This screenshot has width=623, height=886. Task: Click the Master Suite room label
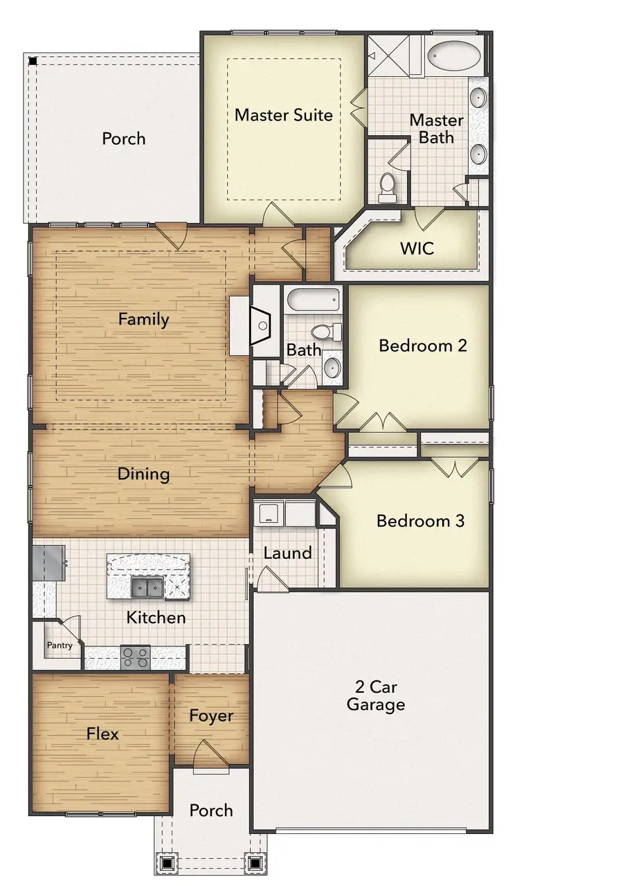(284, 114)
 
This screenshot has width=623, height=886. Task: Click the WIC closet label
(417, 247)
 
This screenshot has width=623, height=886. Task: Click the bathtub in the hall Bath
(314, 301)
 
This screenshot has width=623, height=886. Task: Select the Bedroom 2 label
(423, 345)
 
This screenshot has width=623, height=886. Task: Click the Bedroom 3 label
(420, 520)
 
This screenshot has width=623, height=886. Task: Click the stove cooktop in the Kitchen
(135, 657)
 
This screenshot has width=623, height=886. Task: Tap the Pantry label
(60, 645)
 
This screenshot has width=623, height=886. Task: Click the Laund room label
(287, 553)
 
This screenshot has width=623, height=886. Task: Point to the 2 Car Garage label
(376, 695)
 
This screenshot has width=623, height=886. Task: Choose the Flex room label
(102, 733)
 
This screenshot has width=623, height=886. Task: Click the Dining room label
(143, 474)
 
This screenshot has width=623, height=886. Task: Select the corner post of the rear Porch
(33, 60)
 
